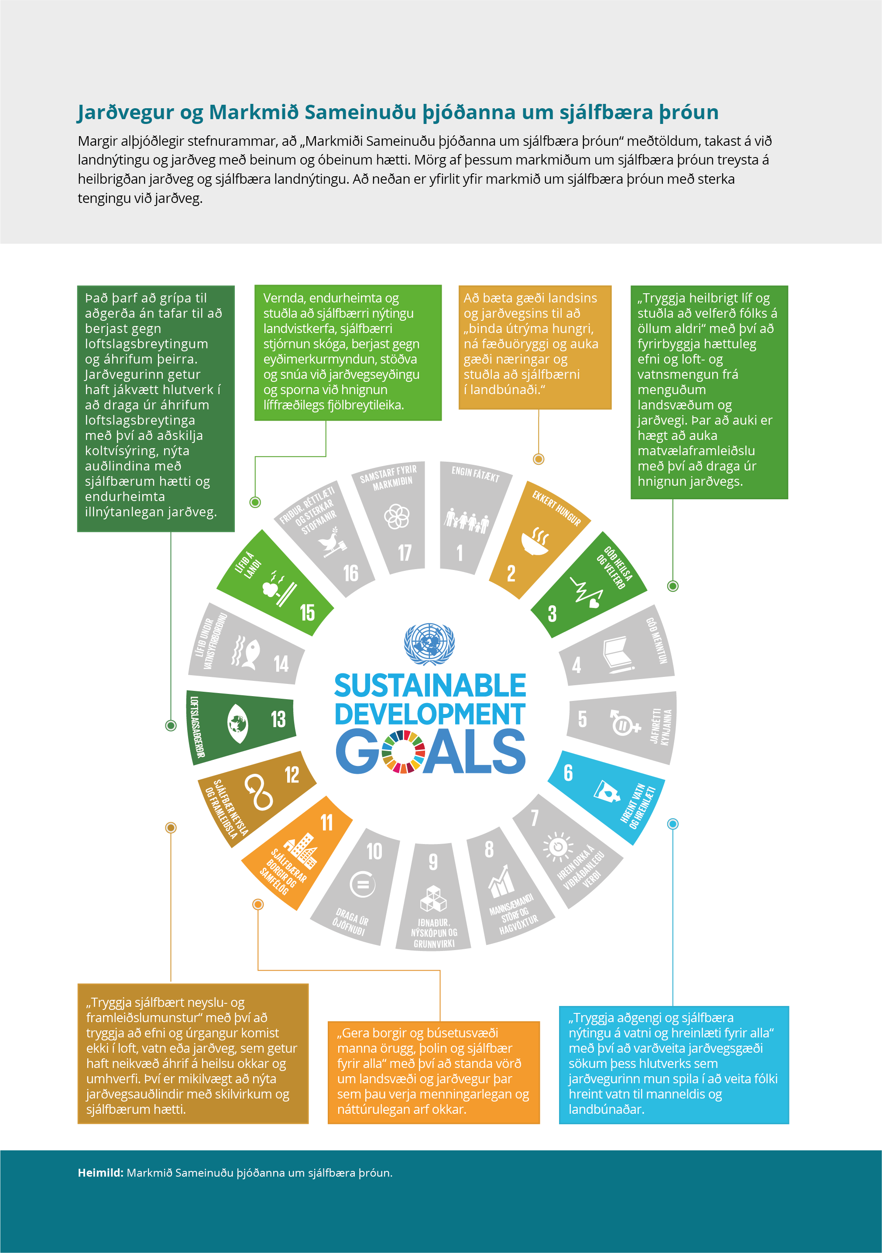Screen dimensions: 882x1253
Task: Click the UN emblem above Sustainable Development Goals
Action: (429, 644)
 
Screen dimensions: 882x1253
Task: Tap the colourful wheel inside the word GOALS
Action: (403, 752)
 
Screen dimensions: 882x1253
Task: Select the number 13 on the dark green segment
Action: (278, 719)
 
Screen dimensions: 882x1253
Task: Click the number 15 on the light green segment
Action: (307, 612)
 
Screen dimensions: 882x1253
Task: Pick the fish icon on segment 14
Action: (246, 653)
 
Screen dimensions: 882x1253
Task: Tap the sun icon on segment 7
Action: (558, 846)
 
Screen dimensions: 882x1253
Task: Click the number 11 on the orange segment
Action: (326, 822)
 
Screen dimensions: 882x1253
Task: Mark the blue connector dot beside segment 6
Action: (673, 824)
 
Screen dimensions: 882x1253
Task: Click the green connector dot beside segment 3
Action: (673, 586)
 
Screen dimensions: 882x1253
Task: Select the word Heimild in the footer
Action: (100, 1173)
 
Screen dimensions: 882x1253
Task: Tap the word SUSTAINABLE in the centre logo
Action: (430, 686)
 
